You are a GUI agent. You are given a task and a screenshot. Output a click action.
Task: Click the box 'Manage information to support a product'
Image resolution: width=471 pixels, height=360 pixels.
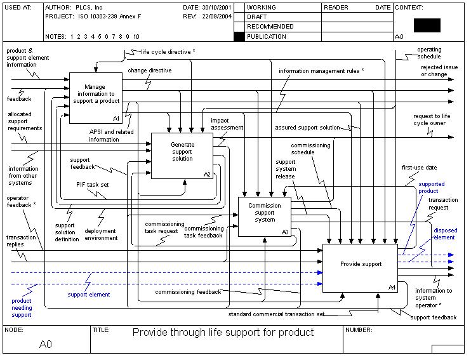click(x=95, y=98)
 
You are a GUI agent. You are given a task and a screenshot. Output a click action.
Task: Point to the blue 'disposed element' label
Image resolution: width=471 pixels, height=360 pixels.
click(x=444, y=234)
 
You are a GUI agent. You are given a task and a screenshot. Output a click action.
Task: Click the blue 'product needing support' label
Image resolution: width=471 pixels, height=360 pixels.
click(x=21, y=307)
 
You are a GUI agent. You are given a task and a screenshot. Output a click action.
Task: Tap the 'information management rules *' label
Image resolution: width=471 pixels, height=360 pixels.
click(x=321, y=71)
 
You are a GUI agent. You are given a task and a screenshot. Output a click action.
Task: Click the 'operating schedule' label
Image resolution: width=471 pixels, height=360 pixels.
click(x=429, y=53)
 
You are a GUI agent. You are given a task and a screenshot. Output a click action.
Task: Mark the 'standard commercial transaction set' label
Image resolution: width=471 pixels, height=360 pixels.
click(x=276, y=314)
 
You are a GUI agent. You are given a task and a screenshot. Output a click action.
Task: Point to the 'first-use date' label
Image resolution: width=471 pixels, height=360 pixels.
click(x=419, y=168)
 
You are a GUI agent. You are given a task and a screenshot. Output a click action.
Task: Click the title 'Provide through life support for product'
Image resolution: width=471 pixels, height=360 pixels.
click(x=223, y=332)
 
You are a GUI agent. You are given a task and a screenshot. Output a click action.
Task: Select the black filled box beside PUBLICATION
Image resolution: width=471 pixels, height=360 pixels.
click(x=239, y=37)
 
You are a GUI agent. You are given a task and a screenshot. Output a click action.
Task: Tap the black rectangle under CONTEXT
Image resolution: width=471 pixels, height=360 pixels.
click(x=427, y=25)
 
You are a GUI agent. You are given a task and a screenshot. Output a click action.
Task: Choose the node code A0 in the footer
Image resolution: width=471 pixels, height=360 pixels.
click(x=46, y=344)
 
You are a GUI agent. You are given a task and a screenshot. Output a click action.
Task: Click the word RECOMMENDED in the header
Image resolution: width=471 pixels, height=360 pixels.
click(x=270, y=27)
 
